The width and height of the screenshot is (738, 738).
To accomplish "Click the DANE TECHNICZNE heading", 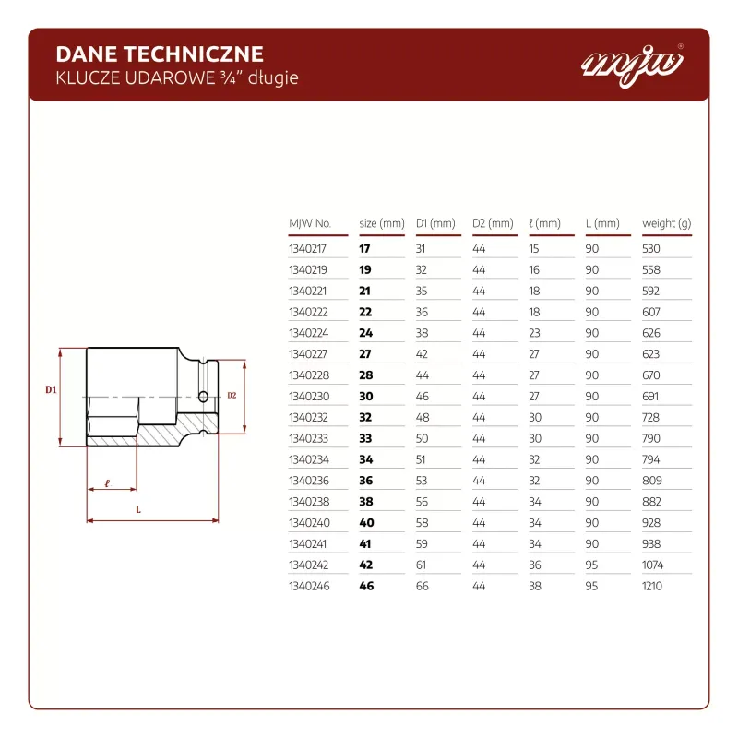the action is [160, 54].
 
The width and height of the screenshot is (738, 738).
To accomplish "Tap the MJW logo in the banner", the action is [632, 65].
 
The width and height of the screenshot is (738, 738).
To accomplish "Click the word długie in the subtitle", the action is [273, 78].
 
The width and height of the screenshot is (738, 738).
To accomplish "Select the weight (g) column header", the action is [666, 223].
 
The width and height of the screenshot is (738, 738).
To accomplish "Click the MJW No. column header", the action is [310, 223].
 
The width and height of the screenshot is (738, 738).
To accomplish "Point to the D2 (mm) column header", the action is [493, 223].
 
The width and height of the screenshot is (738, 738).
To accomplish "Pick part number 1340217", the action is [307, 248].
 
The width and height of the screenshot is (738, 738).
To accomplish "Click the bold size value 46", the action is [366, 586].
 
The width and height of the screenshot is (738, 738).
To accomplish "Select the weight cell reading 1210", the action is [652, 586].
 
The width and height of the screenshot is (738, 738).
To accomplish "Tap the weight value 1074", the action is [652, 565].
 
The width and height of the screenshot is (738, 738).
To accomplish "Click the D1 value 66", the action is [423, 586].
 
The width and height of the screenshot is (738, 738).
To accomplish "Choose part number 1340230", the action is [309, 397].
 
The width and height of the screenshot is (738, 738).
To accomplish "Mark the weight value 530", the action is [651, 248].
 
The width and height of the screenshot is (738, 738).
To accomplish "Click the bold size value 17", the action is [364, 248].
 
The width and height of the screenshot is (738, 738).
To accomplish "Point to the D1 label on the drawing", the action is [51, 389].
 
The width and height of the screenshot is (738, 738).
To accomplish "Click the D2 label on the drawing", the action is [232, 396].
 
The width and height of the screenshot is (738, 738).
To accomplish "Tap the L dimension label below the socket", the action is [138, 509].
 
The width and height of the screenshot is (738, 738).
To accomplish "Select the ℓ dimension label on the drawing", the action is [107, 482].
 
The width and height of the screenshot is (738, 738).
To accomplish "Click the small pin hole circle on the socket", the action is [203, 397].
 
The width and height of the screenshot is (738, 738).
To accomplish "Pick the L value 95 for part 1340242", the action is [591, 565].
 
